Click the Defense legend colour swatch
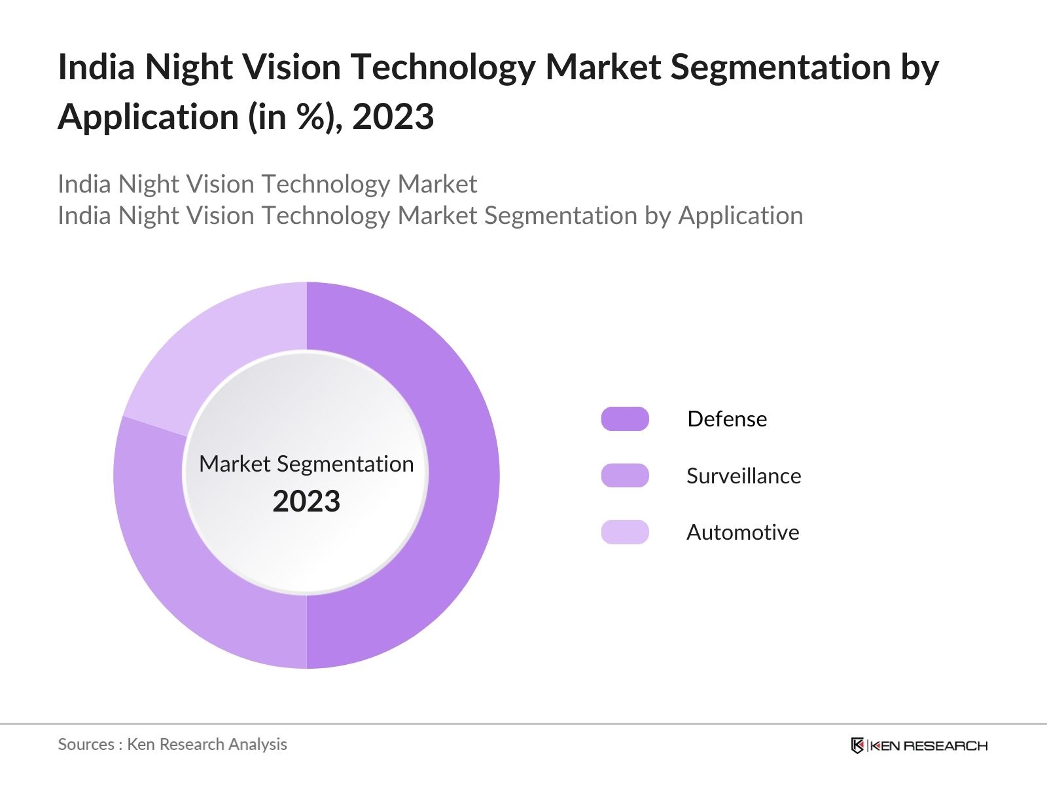(x=625, y=419)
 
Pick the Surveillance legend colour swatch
(x=625, y=476)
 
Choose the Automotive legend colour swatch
(x=625, y=532)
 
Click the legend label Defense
(x=727, y=419)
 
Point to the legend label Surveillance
(x=743, y=476)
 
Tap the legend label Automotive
(x=743, y=532)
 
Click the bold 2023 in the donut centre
(x=306, y=502)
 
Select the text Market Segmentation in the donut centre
(x=306, y=464)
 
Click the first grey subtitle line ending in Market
(x=267, y=184)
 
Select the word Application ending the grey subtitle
(x=740, y=215)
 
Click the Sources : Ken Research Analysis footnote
(x=172, y=744)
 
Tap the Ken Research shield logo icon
(x=857, y=745)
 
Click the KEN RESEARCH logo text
(x=929, y=745)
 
